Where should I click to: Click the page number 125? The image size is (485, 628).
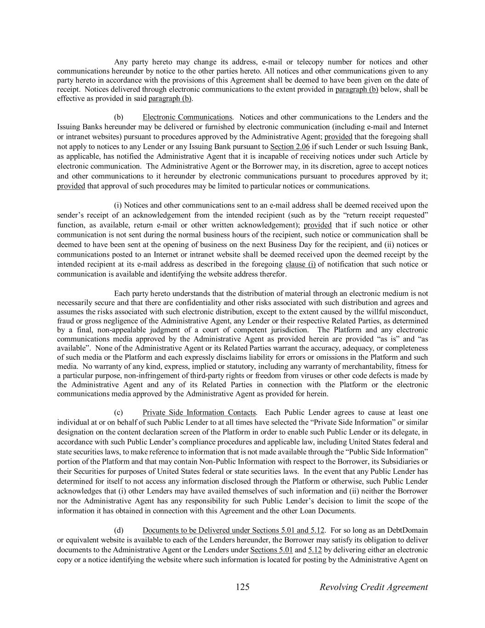tap(242, 587)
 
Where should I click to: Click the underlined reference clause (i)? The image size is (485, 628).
tap(300, 264)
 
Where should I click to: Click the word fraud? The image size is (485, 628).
tap(65, 321)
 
